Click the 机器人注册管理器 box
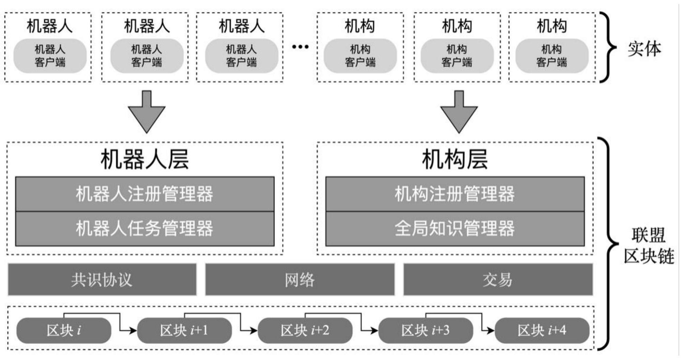pyautogui.click(x=145, y=194)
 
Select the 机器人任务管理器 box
pyautogui.click(x=145, y=229)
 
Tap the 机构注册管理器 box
pyautogui.click(x=455, y=194)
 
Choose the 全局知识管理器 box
pyautogui.click(x=455, y=229)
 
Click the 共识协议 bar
pyautogui.click(x=102, y=279)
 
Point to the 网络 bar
pyautogui.click(x=300, y=279)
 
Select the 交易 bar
pyautogui.click(x=498, y=279)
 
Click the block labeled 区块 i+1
pyautogui.click(x=184, y=330)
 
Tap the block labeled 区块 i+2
pyautogui.click(x=305, y=330)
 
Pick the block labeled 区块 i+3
pyautogui.click(x=425, y=330)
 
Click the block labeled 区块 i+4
pyautogui.click(x=542, y=330)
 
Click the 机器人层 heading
pyautogui.click(x=145, y=159)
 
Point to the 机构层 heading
pyautogui.click(x=455, y=159)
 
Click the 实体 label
pyautogui.click(x=644, y=49)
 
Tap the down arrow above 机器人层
pyautogui.click(x=147, y=113)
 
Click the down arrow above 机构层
pyautogui.click(x=459, y=113)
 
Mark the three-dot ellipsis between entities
pyautogui.click(x=300, y=47)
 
